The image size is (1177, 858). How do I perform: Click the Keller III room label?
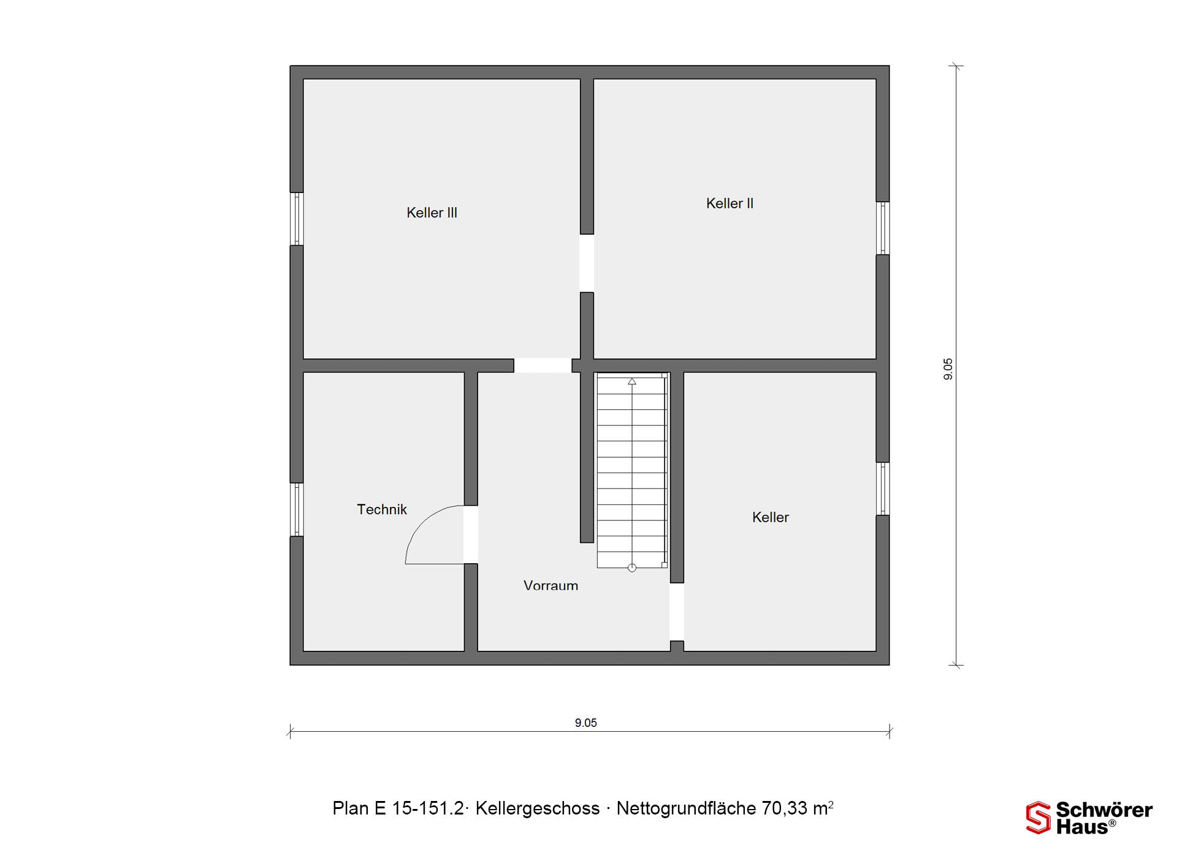(x=432, y=213)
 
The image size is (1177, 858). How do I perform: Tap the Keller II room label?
(x=729, y=203)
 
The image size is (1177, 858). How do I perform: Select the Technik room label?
(x=382, y=509)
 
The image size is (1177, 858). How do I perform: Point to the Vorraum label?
(x=550, y=585)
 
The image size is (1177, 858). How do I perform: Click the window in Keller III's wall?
(x=297, y=219)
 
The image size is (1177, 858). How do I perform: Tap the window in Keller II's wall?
(x=883, y=228)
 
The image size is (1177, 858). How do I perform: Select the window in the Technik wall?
(x=297, y=509)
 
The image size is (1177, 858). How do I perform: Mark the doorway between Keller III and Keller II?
(x=587, y=263)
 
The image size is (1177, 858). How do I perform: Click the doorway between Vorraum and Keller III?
(x=543, y=365)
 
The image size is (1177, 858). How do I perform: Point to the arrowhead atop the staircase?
(x=632, y=381)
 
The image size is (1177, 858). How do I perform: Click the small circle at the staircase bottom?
(x=632, y=568)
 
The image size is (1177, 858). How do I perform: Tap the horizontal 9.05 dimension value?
(x=586, y=723)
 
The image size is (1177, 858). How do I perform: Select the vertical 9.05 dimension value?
(x=948, y=369)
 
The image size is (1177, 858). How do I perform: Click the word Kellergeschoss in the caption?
(x=538, y=809)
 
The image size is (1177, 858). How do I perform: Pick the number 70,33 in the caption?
(x=785, y=809)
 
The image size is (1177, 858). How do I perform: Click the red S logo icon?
(x=1038, y=818)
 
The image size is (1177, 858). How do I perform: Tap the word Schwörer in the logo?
(x=1104, y=810)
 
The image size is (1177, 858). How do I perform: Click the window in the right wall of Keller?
(x=883, y=488)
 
